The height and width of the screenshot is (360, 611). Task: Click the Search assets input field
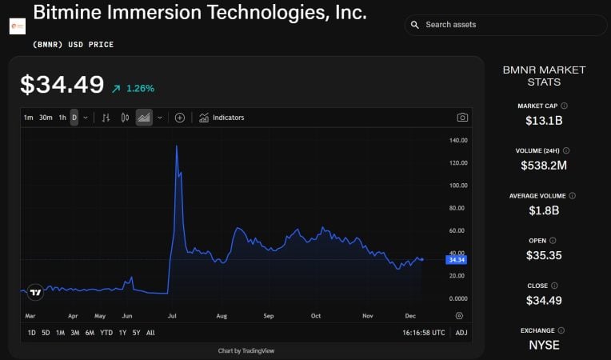[x=512, y=25]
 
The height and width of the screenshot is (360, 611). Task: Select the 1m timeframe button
[x=29, y=118]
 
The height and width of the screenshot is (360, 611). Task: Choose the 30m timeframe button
[x=46, y=118]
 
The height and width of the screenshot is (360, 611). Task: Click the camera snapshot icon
[x=462, y=118]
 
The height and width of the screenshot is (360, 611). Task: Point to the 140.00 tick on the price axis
[x=458, y=141]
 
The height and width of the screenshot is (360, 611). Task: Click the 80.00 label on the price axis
[x=458, y=208]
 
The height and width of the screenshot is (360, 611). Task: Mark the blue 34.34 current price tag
[x=457, y=260]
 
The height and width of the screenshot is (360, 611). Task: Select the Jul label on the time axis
[x=172, y=316]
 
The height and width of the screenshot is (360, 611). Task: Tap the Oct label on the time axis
[x=316, y=316]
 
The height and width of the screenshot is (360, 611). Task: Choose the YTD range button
[x=106, y=333]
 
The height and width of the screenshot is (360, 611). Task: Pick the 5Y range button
[x=136, y=333]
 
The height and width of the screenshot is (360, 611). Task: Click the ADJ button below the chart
[x=461, y=333]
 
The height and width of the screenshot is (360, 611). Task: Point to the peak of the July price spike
[x=176, y=146]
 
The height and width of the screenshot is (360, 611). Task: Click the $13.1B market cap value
[x=544, y=121]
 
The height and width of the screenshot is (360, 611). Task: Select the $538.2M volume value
[x=544, y=166]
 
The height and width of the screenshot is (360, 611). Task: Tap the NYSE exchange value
[x=544, y=346]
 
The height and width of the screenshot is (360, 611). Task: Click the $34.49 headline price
[x=62, y=85]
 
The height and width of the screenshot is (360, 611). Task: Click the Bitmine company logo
[x=18, y=26]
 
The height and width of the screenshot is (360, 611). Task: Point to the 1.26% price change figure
[x=140, y=88]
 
